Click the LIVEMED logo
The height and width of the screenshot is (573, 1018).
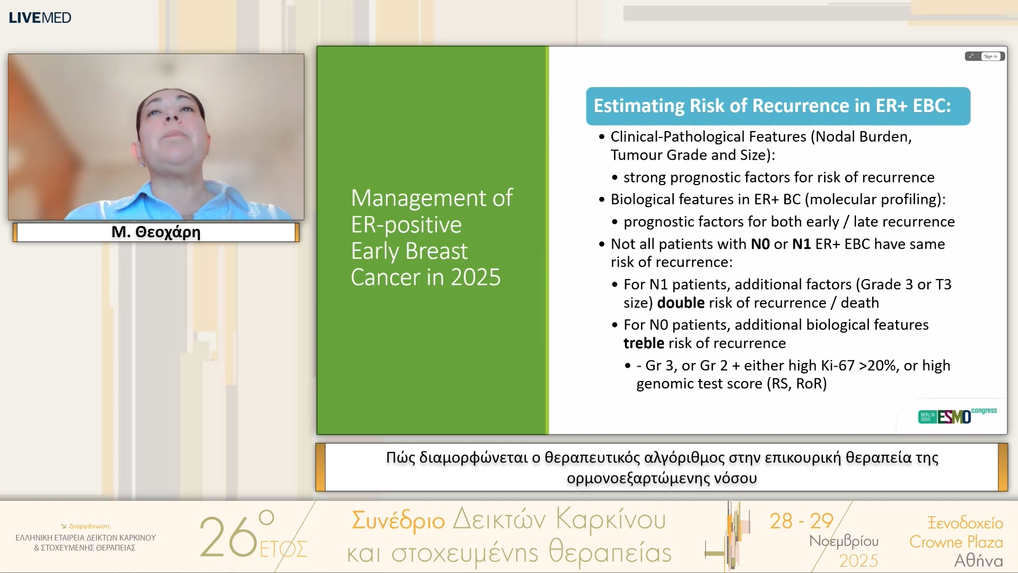[x=40, y=18]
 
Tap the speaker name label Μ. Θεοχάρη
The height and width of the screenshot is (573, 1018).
[x=156, y=232]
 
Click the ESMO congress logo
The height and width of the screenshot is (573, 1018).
[x=958, y=415]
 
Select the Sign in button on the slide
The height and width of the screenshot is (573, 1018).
[x=990, y=56]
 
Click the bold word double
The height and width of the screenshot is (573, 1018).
[x=681, y=302]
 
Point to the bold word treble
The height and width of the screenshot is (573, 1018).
[x=644, y=343]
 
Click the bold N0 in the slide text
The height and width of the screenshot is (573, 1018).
[x=760, y=244]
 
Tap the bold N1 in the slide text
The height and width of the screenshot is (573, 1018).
[x=802, y=244]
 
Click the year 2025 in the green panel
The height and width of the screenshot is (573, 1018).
[x=475, y=277]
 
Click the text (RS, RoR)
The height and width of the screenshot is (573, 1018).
[x=797, y=384]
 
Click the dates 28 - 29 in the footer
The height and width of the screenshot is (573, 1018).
[x=802, y=521]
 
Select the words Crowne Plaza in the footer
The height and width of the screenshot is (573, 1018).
[x=956, y=542]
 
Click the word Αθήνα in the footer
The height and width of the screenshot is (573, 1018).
[x=978, y=561]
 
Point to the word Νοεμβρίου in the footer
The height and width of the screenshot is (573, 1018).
[x=844, y=542]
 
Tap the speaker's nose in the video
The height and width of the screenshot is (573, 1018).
[x=171, y=115]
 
